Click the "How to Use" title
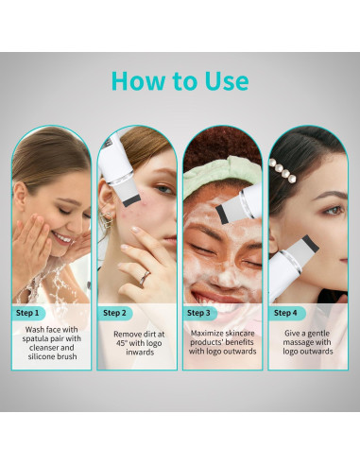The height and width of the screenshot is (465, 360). pyautogui.click(x=180, y=81)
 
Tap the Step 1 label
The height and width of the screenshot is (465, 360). pyautogui.click(x=28, y=312)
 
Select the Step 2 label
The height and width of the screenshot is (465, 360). pyautogui.click(x=113, y=312)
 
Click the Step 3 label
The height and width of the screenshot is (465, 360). pyautogui.click(x=198, y=312)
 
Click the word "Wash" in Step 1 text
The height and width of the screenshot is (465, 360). pyautogui.click(x=35, y=330)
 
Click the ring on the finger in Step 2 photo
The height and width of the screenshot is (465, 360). pyautogui.click(x=145, y=277)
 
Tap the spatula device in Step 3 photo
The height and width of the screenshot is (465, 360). pyautogui.click(x=236, y=203)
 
